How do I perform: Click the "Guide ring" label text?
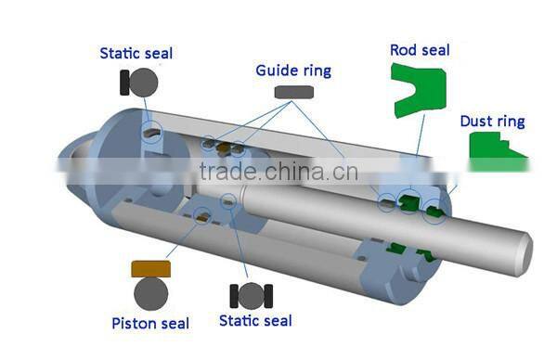(x=293, y=71)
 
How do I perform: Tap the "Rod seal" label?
(x=420, y=49)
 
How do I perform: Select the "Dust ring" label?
(x=492, y=122)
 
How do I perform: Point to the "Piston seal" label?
(x=150, y=324)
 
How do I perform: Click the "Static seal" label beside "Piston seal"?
(x=255, y=321)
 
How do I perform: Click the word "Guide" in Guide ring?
(x=277, y=71)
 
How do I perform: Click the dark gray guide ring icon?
(x=294, y=92)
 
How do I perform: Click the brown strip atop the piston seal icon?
(x=150, y=269)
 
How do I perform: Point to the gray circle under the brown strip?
(x=150, y=294)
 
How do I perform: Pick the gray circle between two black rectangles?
(x=252, y=296)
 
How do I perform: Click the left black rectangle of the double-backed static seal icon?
(x=235, y=296)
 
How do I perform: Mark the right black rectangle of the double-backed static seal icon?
(x=268, y=296)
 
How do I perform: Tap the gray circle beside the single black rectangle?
(x=143, y=83)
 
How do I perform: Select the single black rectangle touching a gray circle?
(x=123, y=83)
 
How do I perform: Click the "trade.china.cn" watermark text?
(x=278, y=172)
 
